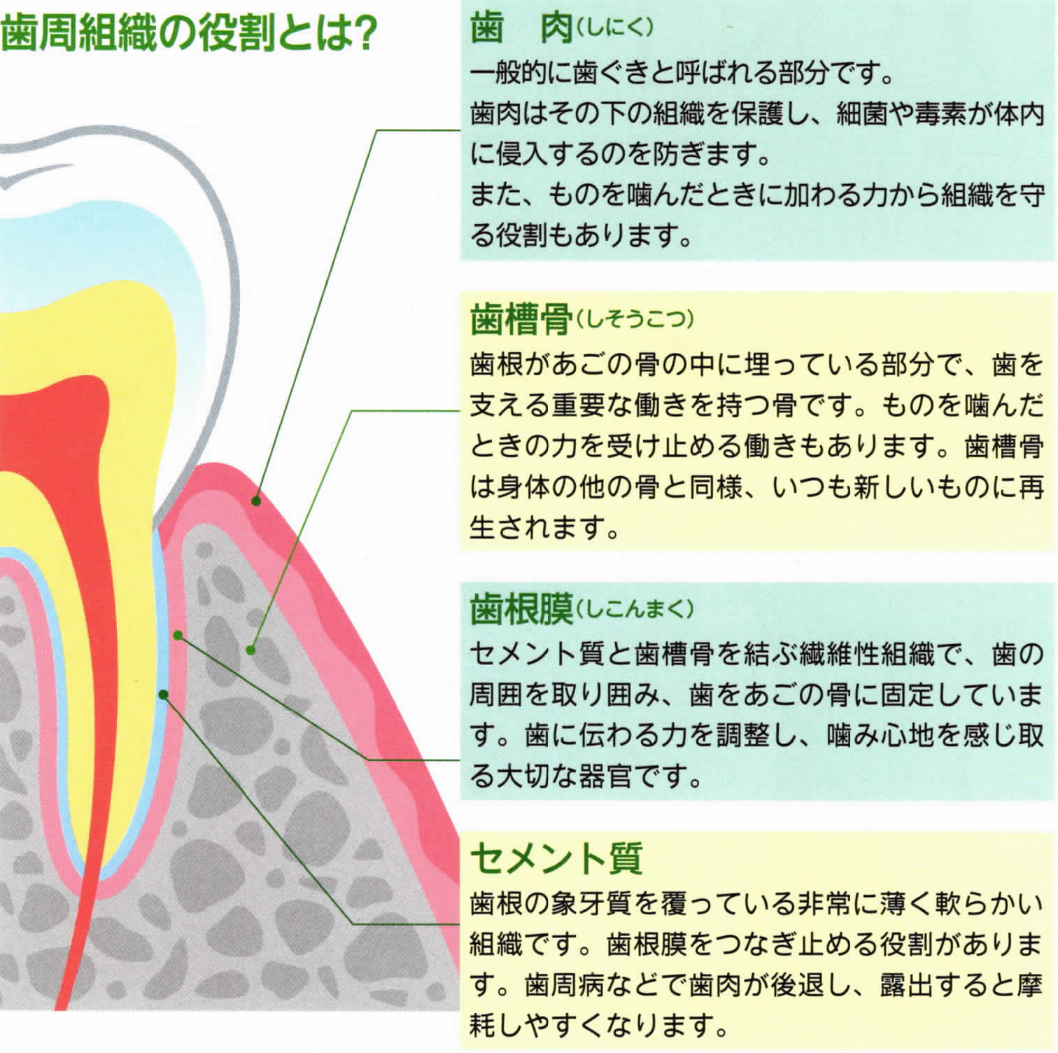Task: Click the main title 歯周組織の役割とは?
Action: [x=189, y=32]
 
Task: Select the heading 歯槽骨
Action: [x=522, y=319]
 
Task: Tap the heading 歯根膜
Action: [x=522, y=608]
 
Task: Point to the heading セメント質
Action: [x=556, y=858]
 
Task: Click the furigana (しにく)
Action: [x=614, y=27]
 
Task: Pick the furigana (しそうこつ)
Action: [x=634, y=319]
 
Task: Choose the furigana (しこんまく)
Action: [x=634, y=608]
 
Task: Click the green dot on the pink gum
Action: [x=256, y=501]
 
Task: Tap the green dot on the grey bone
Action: [x=251, y=650]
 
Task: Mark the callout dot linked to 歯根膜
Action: [x=178, y=635]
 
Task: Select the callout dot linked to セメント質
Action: [x=163, y=694]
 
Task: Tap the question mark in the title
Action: [x=365, y=33]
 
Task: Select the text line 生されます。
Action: [x=544, y=526]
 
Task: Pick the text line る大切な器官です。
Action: [x=585, y=775]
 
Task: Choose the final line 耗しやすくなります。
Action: [x=599, y=1025]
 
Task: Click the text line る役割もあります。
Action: [x=581, y=235]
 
